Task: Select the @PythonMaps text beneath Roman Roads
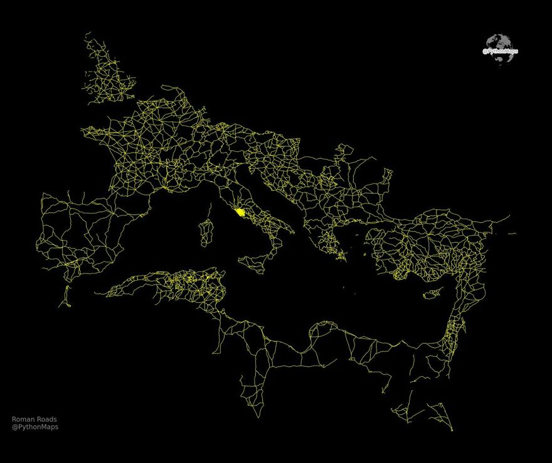[x=35, y=427]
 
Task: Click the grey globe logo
[x=501, y=49]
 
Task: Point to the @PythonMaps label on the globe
[x=500, y=52]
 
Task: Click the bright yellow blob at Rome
[x=240, y=213]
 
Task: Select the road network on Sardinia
[x=204, y=233]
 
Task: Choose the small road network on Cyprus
[x=432, y=293]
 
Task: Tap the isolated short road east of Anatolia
[x=512, y=234]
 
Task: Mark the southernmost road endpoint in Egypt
[x=452, y=430]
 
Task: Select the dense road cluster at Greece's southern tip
[x=339, y=253]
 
